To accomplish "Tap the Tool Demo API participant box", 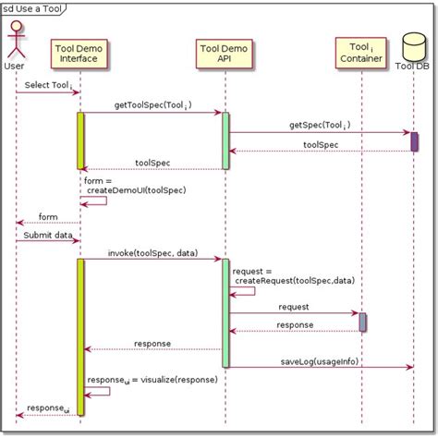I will click(225, 53).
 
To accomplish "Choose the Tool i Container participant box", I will click(360, 53).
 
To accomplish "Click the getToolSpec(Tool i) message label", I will click(151, 105).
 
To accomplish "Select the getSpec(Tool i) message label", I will click(319, 125).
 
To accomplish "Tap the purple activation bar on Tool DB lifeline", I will click(414, 141).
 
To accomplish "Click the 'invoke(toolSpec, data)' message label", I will click(151, 253).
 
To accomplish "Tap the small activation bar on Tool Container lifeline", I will click(362, 322).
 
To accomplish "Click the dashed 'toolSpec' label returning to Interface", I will click(152, 163).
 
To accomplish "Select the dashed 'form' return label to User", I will click(48, 216).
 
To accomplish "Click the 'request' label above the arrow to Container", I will click(293, 307).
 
